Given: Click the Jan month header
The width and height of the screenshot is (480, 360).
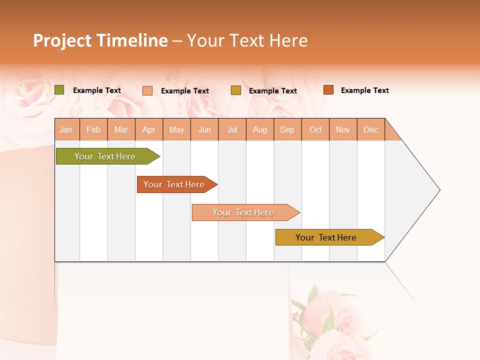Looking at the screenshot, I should pos(66,129).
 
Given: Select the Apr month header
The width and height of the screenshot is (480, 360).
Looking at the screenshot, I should pos(149,129).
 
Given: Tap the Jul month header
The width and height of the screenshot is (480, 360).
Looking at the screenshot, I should pos(232,129).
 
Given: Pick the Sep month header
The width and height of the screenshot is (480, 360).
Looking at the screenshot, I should pos(287,129).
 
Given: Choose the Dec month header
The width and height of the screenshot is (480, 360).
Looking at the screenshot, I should pos(370,129).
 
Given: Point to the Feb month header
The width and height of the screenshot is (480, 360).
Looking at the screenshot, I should pos(93,129).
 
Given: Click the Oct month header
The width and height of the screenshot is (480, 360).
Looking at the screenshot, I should pos(315,129).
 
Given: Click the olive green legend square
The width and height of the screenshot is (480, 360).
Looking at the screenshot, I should pos(59,90).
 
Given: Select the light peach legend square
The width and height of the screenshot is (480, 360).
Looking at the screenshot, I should pos(147,90).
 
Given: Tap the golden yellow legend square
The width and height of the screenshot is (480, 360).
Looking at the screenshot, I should pos(236,90).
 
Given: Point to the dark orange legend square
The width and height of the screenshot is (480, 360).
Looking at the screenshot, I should pos(328,90).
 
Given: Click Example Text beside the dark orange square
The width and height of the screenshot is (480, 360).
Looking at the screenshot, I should pos(364,90).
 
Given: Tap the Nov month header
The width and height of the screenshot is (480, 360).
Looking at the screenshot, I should pos(343,129).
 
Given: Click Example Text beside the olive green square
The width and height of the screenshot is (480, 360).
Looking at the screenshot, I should pos(97,90).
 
